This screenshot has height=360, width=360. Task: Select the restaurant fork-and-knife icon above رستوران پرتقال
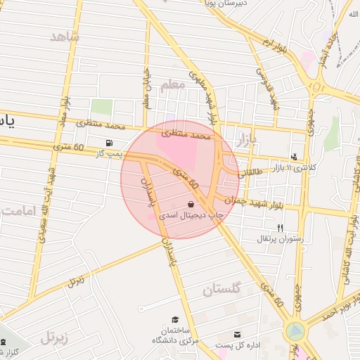(281, 228)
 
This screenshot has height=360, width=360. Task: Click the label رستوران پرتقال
(281, 238)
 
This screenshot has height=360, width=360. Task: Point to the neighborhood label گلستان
(221, 289)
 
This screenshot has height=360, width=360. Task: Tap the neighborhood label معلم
(172, 85)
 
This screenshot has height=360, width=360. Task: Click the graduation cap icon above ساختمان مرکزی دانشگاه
(174, 320)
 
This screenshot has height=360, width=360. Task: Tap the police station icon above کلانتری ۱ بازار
(294, 157)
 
